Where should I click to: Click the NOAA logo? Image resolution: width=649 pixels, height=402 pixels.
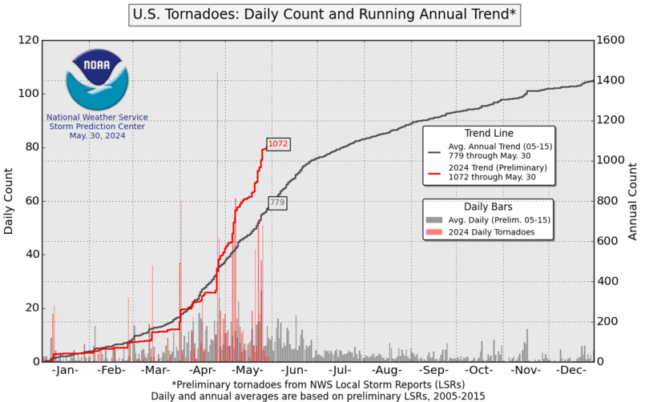[96, 79]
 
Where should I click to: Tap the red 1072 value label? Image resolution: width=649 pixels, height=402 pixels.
[278, 144]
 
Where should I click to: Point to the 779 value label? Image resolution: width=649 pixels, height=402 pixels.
[277, 203]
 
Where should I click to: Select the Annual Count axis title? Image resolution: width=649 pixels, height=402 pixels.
[632, 201]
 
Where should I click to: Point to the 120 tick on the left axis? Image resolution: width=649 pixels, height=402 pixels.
[30, 40]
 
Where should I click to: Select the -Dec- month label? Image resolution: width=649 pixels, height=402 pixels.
[572, 372]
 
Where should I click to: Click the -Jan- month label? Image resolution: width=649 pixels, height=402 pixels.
[64, 372]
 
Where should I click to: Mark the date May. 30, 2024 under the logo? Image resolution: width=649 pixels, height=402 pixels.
[97, 135]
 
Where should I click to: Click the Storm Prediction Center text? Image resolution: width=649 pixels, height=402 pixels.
[97, 126]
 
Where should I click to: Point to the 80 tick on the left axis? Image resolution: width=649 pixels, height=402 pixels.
[33, 147]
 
